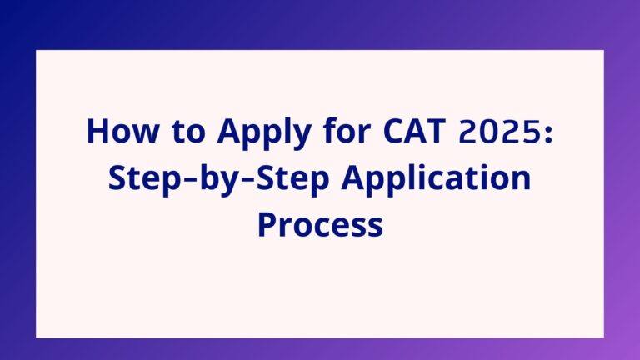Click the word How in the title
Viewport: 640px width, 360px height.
122,131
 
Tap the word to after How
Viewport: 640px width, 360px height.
188,132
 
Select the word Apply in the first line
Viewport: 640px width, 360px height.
264,133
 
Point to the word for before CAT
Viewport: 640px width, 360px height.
347,130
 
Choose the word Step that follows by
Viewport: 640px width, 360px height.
292,180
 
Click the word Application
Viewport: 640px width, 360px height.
437,180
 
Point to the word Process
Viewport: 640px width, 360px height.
320,224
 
